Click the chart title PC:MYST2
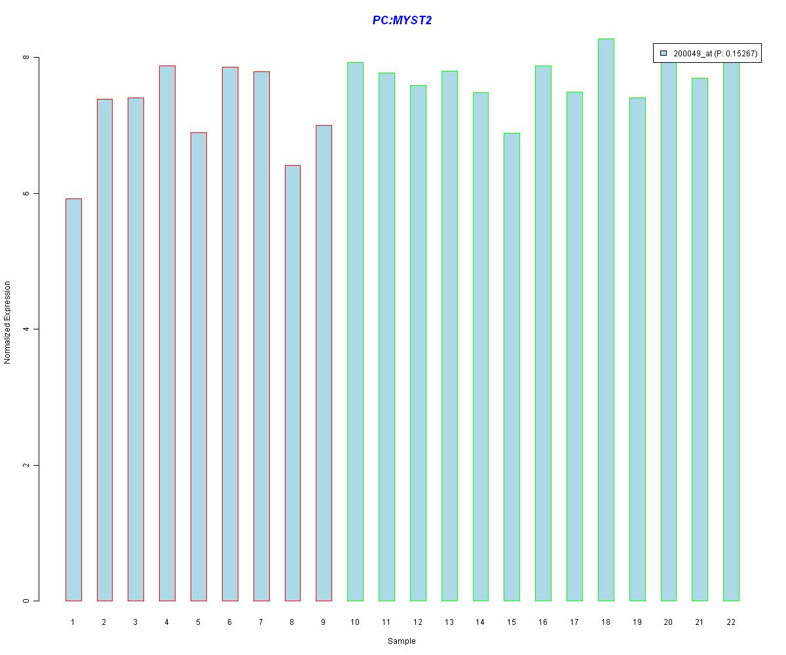coord(402,20)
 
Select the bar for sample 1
coord(73,400)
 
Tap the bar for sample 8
coord(293,383)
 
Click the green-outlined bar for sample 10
coord(355,331)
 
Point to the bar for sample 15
coord(512,367)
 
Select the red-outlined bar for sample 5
coord(198,367)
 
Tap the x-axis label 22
coord(731,622)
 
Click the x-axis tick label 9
coord(324,622)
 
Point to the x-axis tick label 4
coord(167,622)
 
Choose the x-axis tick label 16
coord(543,622)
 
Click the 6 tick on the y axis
coord(26,193)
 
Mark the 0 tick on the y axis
coord(26,601)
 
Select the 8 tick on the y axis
coord(26,58)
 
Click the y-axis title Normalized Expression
coord(8,322)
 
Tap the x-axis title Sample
coord(402,641)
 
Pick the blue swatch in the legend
coord(664,53)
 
